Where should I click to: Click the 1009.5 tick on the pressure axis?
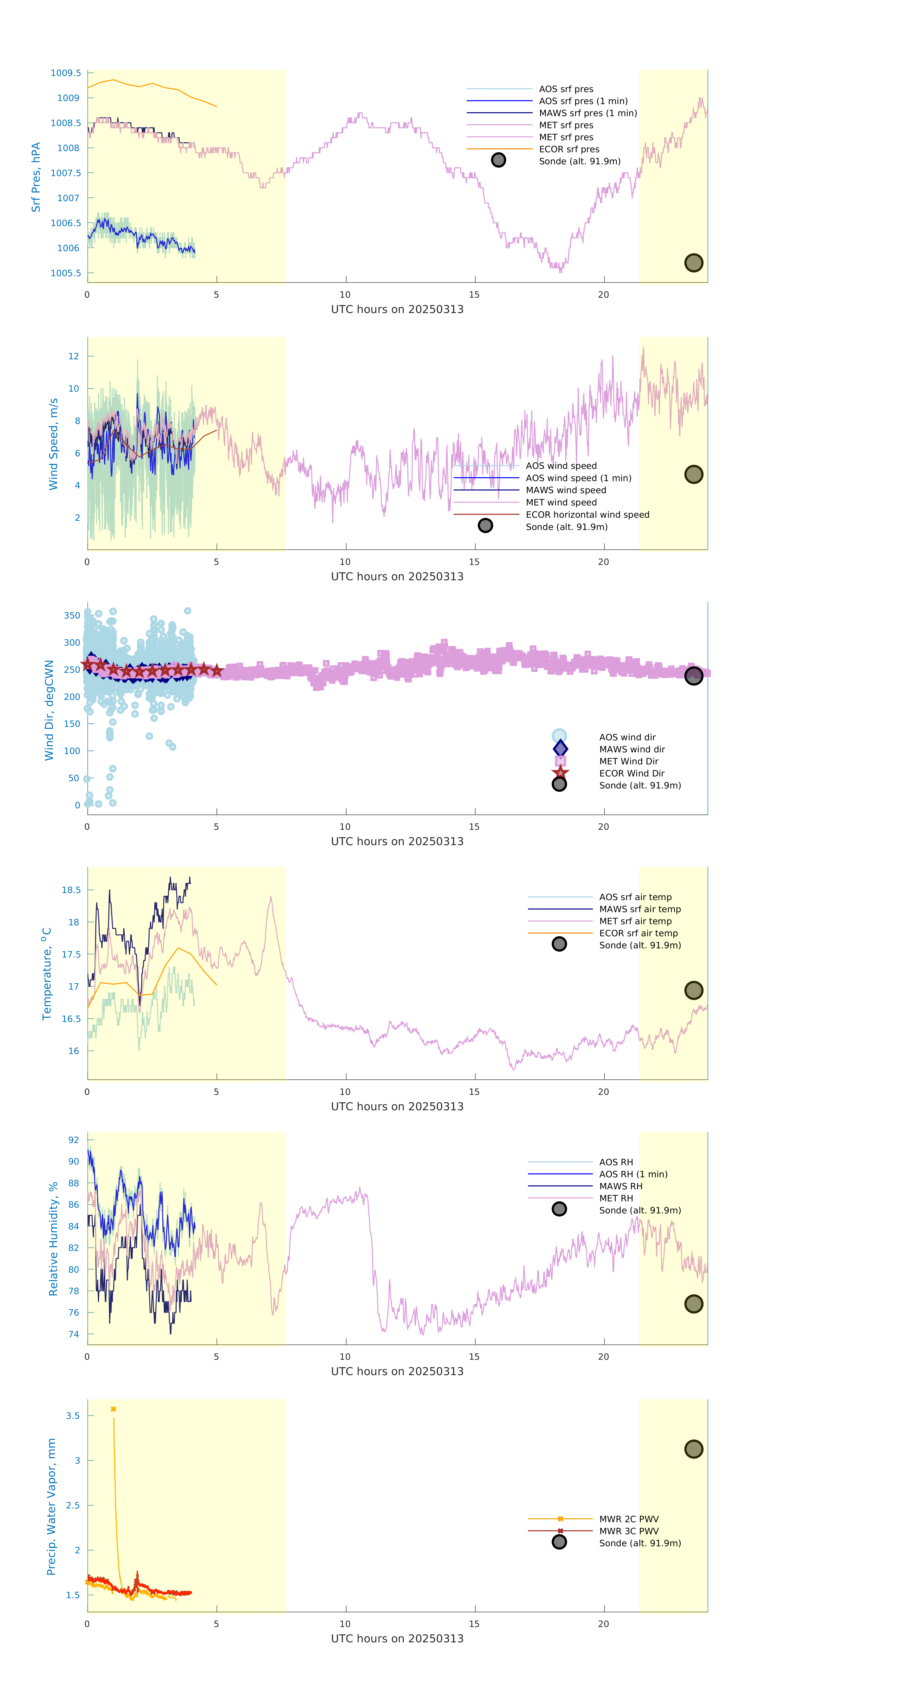click(x=66, y=73)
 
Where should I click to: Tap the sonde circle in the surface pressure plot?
click(x=693, y=263)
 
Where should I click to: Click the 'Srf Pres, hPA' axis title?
click(x=36, y=177)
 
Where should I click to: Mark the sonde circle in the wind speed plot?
click(x=693, y=475)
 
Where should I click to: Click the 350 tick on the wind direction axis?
click(x=72, y=616)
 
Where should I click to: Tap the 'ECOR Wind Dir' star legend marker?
click(x=560, y=773)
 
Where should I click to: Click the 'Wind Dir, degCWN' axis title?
click(x=49, y=710)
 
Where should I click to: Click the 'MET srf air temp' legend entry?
click(x=635, y=921)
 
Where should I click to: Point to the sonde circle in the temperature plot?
click(x=693, y=991)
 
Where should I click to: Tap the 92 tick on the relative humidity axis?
click(x=74, y=1140)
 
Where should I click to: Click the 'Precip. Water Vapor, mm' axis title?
click(x=51, y=1506)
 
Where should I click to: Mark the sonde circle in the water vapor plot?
click(x=693, y=1449)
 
